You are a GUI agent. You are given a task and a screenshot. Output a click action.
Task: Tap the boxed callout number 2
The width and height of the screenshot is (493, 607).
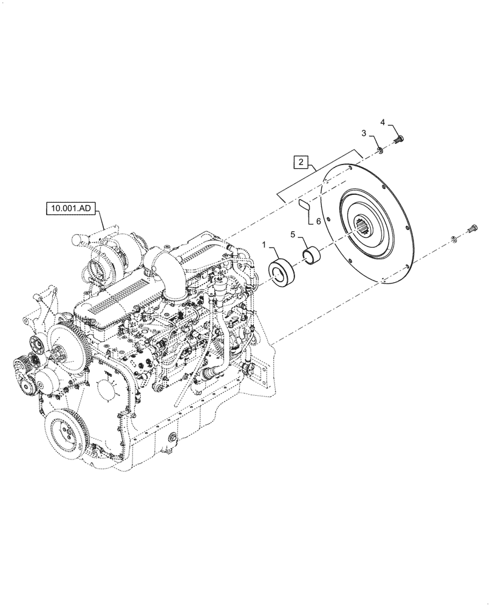click(301, 162)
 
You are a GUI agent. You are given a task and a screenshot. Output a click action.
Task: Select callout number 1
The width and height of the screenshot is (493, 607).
click(263, 244)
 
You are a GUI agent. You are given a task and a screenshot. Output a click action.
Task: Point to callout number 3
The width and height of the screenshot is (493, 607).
click(364, 133)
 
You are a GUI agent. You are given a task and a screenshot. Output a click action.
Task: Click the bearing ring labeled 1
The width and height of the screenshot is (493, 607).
click(280, 273)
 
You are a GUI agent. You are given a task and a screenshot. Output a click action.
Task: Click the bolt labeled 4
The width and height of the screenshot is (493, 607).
click(399, 138)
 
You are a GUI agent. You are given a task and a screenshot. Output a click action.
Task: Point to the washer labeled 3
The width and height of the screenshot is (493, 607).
click(378, 149)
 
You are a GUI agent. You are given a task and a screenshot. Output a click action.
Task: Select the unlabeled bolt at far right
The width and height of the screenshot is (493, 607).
click(473, 231)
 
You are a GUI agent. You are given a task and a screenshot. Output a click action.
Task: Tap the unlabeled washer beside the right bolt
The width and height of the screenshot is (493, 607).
click(455, 239)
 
